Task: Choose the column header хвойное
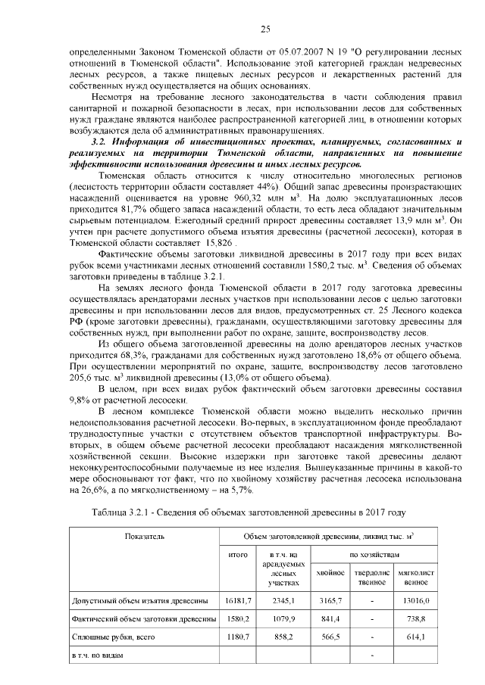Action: pos(331,572)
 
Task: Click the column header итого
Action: pos(239,555)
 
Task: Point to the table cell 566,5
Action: pos(331,637)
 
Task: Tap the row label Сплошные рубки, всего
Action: pos(113,637)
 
